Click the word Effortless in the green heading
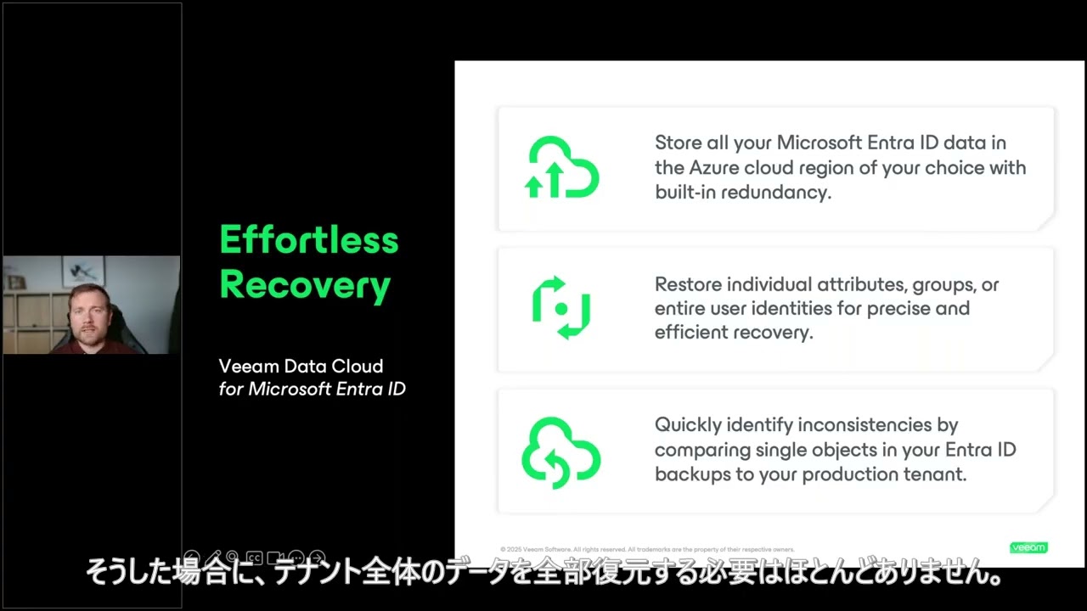(309, 240)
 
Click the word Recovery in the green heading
(305, 285)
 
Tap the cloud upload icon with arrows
(561, 168)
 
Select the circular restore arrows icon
(561, 308)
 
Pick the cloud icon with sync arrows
(561, 451)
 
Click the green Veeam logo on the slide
(1028, 547)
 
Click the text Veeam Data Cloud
(301, 367)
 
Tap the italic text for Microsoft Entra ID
(312, 390)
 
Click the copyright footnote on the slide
(647, 549)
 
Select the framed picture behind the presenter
(83, 272)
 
